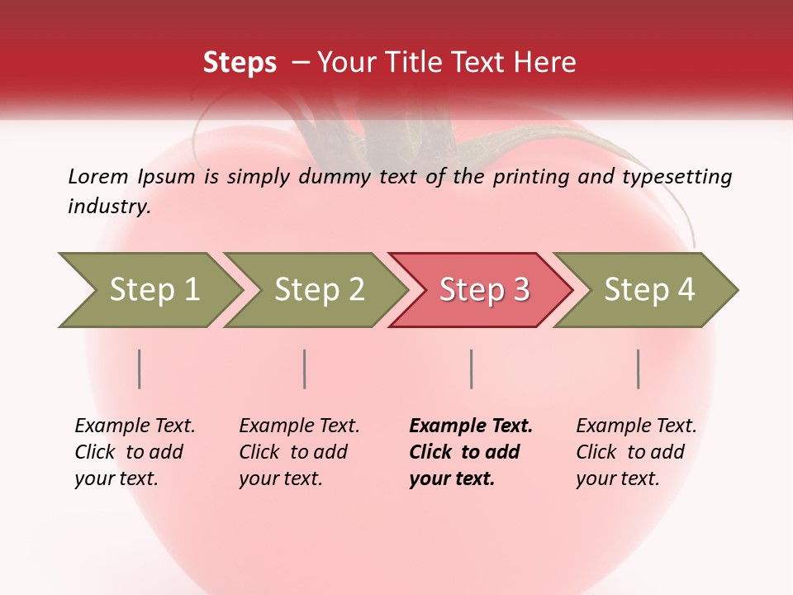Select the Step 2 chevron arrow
[319, 290]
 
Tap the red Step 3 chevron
[484, 290]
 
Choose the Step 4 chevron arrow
[649, 290]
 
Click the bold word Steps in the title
[240, 63]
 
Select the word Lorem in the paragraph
[98, 177]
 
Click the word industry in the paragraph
[108, 207]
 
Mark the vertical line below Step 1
[140, 369]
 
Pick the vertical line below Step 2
[305, 369]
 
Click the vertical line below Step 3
[471, 369]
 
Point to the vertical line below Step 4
[639, 369]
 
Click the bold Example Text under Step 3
[471, 426]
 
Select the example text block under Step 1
[135, 452]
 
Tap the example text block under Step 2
[299, 452]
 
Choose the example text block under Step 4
[636, 452]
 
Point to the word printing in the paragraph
[530, 177]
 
